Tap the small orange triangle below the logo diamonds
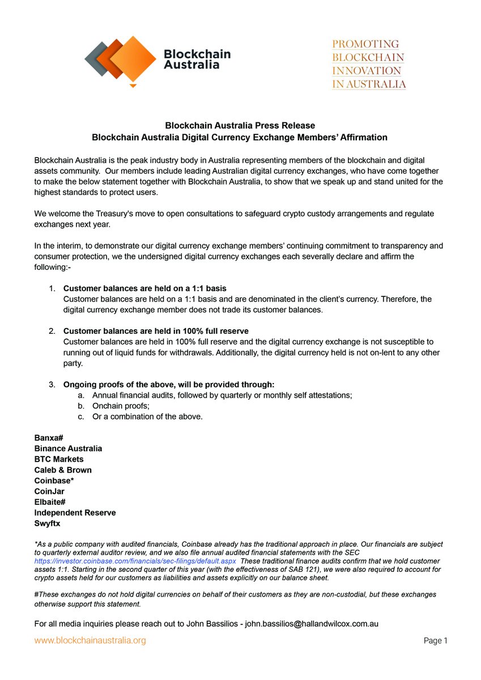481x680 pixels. point(133,86)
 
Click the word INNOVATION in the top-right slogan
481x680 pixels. point(367,71)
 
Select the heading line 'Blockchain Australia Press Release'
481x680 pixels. point(240,125)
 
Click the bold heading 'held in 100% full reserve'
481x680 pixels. point(156,331)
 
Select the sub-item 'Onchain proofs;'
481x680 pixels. point(120,406)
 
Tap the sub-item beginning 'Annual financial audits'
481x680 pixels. point(222,396)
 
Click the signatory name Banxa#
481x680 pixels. point(48,437)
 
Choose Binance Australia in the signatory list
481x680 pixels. point(68,448)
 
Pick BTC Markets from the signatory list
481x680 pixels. point(59,459)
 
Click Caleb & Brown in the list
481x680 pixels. point(63,470)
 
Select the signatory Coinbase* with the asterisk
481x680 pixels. point(55,481)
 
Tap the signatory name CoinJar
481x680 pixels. point(49,491)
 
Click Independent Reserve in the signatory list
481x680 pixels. point(75,513)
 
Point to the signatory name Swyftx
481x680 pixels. point(48,524)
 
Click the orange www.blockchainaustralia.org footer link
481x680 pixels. point(90,641)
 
